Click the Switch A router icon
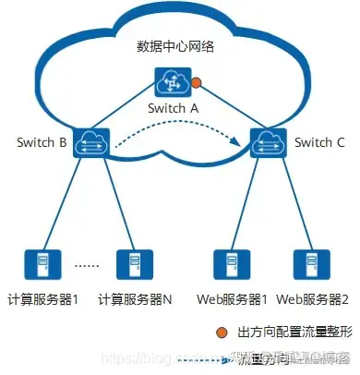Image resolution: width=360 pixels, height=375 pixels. click(172, 84)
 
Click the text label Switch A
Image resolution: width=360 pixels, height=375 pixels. click(173, 108)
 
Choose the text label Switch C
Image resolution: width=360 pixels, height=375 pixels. click(318, 143)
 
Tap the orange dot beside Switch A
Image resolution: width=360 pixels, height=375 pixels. click(196, 91)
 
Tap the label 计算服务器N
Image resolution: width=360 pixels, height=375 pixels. click(135, 300)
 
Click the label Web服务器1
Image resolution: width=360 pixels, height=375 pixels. click(232, 300)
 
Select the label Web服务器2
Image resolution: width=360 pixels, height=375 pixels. click(312, 300)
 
